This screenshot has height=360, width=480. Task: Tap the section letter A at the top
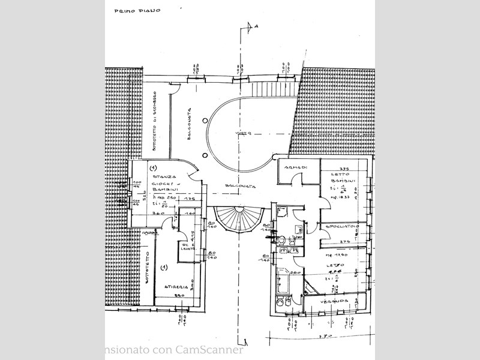point(257,26)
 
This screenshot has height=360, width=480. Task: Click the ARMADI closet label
point(296,167)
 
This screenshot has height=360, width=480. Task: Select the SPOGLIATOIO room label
point(340,226)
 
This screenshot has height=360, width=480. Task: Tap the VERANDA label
point(335,301)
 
